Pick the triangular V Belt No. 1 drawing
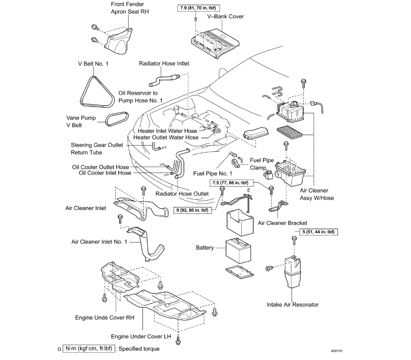tap(97, 92)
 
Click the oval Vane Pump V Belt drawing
tap(116, 119)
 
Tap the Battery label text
tap(205, 247)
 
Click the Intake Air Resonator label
tap(292, 304)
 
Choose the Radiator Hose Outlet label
tap(182, 194)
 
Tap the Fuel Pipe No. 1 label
tap(213, 173)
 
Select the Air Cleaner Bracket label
tap(283, 223)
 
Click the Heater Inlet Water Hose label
tap(167, 131)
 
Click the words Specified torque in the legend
tap(139, 349)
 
